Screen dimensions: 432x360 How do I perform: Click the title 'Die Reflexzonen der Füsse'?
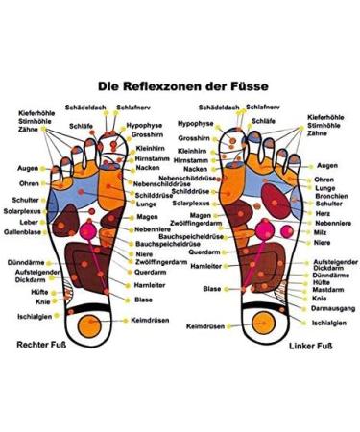(x=180, y=84)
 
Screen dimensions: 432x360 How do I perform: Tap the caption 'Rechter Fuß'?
(x=38, y=342)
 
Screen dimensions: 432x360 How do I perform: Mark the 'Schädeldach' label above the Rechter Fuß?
(x=84, y=108)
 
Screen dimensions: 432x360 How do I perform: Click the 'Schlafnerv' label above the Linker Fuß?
(x=264, y=108)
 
